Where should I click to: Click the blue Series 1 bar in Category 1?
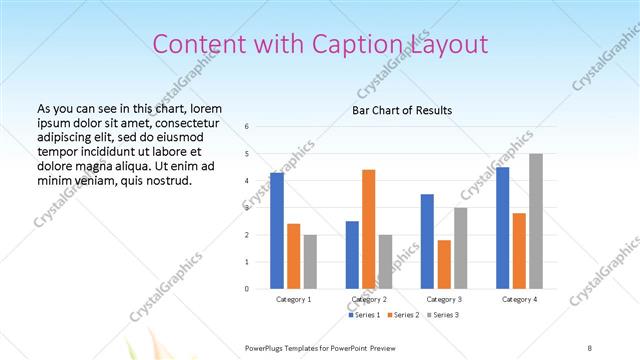click(x=277, y=231)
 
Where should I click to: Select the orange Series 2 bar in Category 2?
click(x=369, y=229)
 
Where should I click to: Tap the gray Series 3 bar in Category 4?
click(x=536, y=221)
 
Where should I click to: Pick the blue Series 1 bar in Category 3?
click(x=427, y=241)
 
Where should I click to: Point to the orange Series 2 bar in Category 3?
click(x=444, y=264)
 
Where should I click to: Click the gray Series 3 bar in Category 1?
click(x=310, y=262)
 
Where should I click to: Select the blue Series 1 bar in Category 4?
click(x=502, y=228)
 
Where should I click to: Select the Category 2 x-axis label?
click(x=369, y=299)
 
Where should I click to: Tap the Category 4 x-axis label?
click(x=519, y=299)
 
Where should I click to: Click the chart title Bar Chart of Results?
click(x=402, y=110)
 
